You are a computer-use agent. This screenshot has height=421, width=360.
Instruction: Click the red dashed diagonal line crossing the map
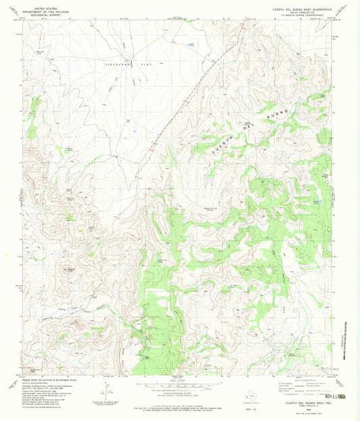[182, 101]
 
